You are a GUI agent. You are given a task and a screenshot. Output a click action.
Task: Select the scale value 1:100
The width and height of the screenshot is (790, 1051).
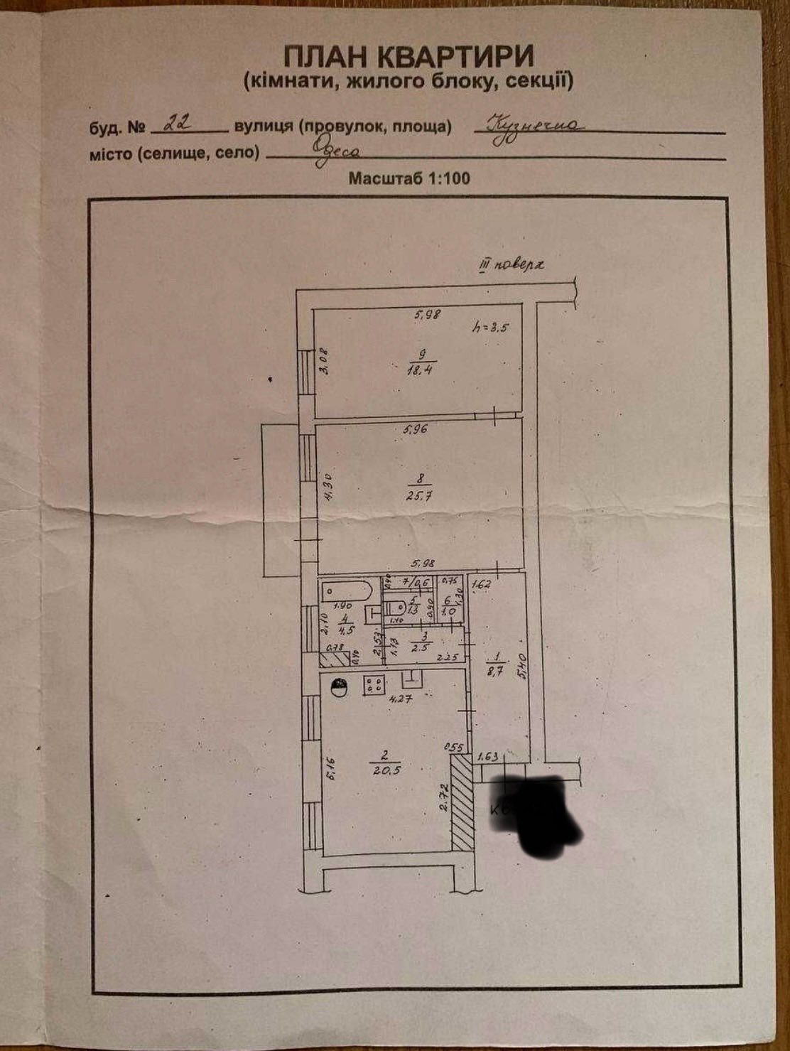coord(448,178)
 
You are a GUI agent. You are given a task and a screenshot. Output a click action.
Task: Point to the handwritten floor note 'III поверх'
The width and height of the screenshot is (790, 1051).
coord(511,266)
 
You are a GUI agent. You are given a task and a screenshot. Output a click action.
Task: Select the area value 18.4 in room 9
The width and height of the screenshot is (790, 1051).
coord(421,367)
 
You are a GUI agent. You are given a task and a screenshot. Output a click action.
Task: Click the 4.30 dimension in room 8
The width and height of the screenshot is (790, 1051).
coord(328,488)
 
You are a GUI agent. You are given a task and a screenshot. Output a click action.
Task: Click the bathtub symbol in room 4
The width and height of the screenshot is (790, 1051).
coord(347,591)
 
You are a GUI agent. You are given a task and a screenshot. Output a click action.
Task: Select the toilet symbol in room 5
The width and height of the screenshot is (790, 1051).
coord(396,608)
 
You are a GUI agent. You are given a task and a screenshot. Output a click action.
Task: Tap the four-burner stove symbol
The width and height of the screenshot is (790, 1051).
coord(374,685)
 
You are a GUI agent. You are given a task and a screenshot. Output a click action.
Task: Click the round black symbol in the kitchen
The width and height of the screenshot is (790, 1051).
coord(340,687)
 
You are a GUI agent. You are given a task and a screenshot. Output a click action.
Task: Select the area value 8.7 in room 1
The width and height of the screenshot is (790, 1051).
coord(494,669)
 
